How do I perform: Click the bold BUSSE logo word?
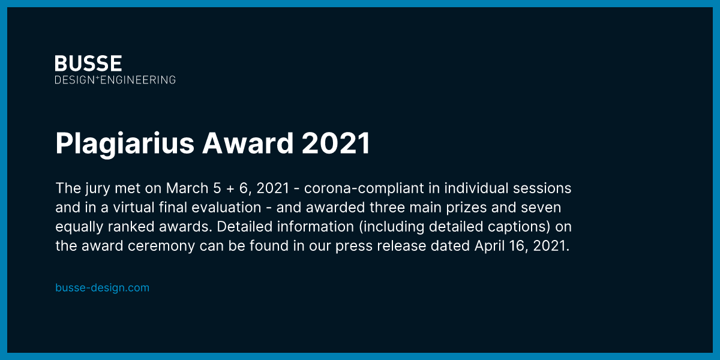click(88, 63)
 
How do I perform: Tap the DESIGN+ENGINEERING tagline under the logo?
click(115, 79)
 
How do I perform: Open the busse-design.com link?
click(102, 287)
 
